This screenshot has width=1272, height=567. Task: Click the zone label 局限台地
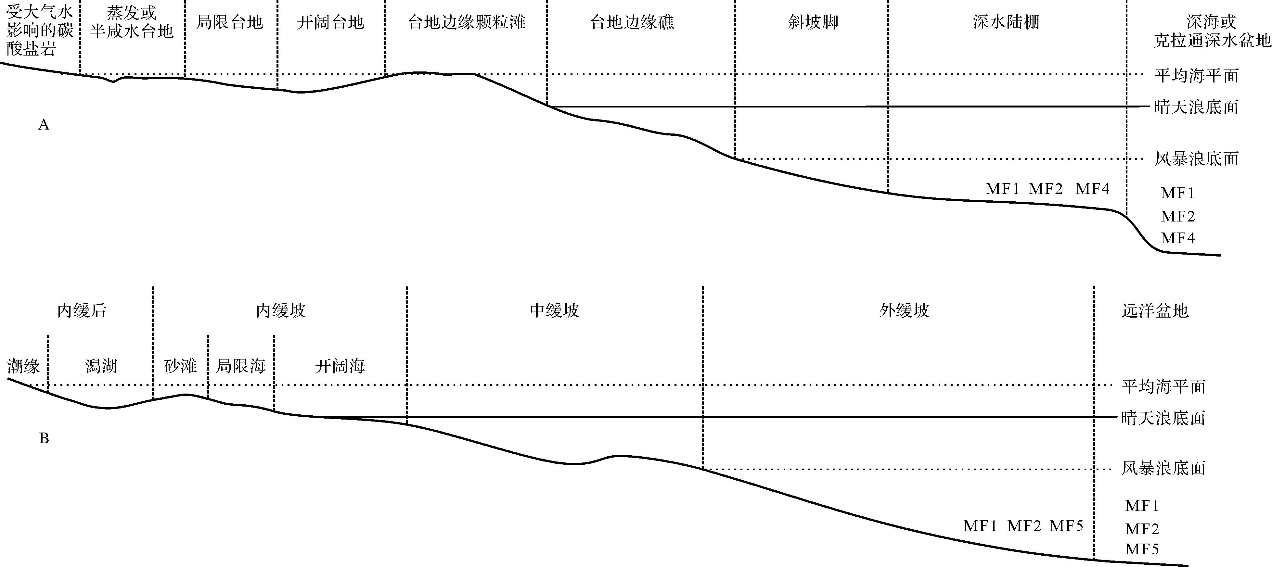coord(230,22)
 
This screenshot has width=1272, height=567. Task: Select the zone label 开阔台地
coord(330,22)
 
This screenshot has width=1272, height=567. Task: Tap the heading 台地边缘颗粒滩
coord(466,22)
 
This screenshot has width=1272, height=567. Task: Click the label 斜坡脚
coord(813,22)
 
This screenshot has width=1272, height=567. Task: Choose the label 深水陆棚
coord(1006,22)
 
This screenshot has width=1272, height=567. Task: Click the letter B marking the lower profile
coord(44,438)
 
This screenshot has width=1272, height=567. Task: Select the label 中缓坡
coord(554,311)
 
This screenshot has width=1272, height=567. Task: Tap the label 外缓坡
coord(904,311)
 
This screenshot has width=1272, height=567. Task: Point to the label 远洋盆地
coord(1154,311)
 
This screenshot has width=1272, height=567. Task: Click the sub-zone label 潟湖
coord(101,366)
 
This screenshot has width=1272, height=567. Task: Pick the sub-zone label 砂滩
coord(180,366)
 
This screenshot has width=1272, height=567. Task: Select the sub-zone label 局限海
coord(241,366)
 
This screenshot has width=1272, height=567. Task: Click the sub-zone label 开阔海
coord(340,366)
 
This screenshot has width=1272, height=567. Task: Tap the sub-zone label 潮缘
coord(23,366)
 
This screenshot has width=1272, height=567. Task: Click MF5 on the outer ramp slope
coord(1067,526)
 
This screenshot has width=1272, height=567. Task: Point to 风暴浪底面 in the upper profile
coord(1196,159)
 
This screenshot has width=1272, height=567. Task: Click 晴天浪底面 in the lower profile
coord(1163,418)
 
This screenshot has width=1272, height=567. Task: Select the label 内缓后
coord(82,311)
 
